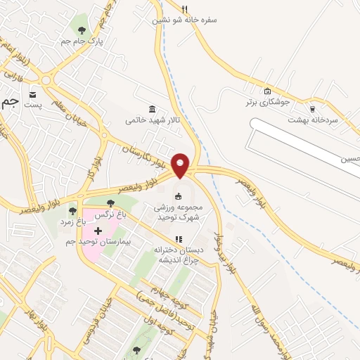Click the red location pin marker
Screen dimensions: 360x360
[x=181, y=165]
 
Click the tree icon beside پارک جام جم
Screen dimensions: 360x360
[x=82, y=30]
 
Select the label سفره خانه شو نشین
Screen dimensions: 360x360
[x=185, y=20]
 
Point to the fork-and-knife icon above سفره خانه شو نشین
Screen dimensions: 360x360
[x=184, y=9]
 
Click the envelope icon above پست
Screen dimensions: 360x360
[x=34, y=94]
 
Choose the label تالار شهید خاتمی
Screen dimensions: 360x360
[x=153, y=120]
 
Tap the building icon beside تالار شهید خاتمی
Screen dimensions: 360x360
[x=153, y=108]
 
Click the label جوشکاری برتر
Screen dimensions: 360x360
[x=266, y=102]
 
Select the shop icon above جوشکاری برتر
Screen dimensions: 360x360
[x=266, y=91]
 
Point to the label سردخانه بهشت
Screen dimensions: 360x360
[x=313, y=120]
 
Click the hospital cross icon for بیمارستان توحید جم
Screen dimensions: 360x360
[x=97, y=231]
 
